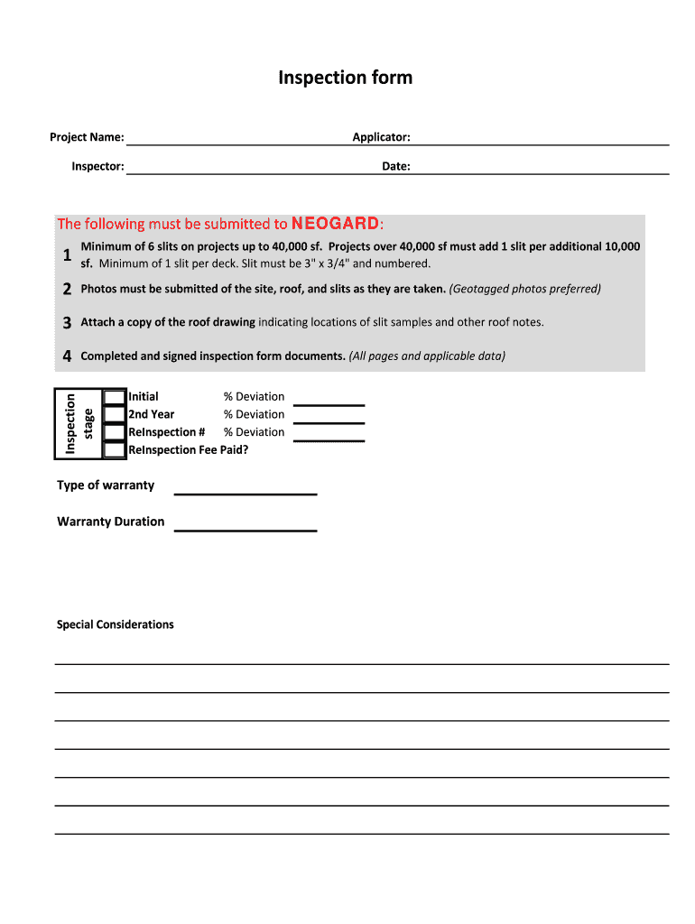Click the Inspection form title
pos(345,78)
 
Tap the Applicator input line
pos(540,138)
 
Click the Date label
pos(395,166)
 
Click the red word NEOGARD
pos(335,223)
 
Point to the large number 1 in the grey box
pos(68,255)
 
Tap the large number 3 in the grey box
pos(68,322)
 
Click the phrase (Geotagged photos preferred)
pos(524,289)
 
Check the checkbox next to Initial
pos(115,397)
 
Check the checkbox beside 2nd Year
pos(115,415)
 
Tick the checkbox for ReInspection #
pos(115,432)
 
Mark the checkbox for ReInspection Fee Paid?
pos(115,449)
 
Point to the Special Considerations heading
pos(116,624)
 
